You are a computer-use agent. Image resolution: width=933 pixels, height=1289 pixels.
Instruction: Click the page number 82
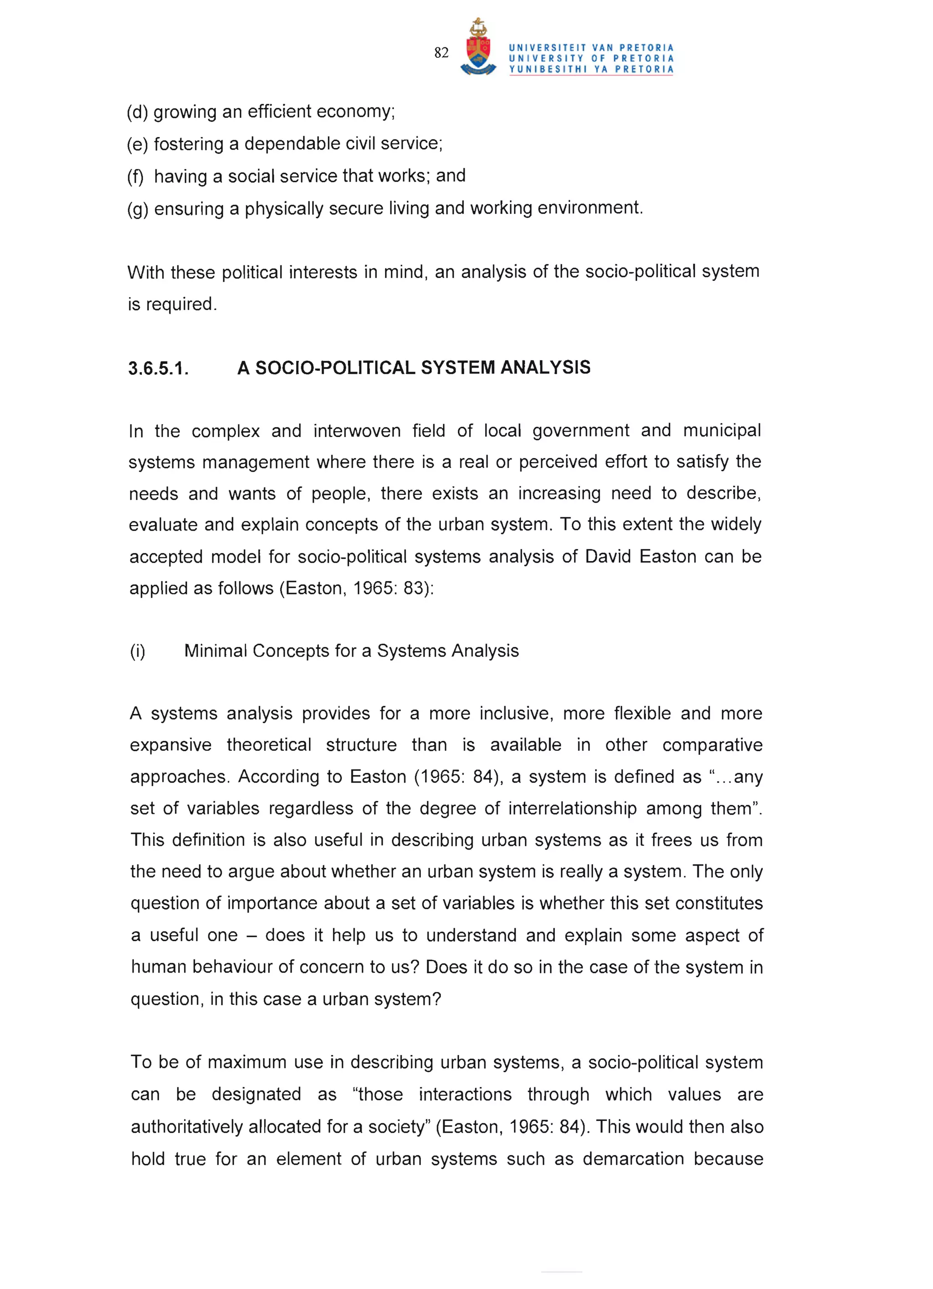coord(441,53)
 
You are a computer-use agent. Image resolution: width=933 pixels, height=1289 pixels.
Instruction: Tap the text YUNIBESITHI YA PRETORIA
coord(591,69)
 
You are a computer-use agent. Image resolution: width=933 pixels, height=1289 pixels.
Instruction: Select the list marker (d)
coord(138,112)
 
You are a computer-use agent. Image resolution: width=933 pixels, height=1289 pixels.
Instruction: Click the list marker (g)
coord(138,209)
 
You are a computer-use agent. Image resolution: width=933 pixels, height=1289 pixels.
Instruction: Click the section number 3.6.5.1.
coord(158,369)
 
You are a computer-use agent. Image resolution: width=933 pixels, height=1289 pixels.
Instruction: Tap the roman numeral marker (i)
coord(138,651)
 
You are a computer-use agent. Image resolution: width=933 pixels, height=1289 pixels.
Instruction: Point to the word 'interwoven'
coord(357,431)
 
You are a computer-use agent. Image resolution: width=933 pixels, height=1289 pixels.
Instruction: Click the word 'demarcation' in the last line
coord(633,1159)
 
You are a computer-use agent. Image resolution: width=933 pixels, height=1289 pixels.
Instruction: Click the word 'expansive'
coord(170,745)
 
